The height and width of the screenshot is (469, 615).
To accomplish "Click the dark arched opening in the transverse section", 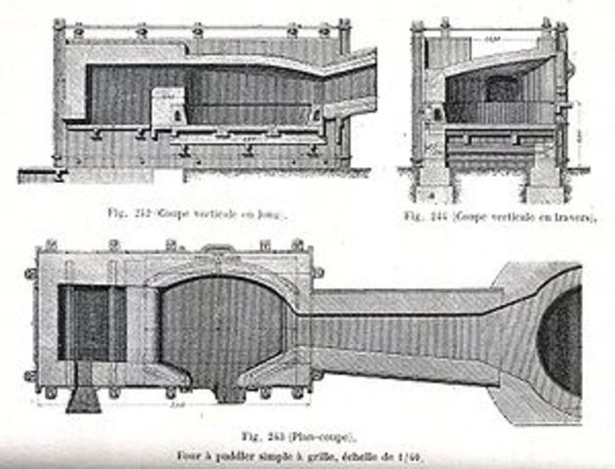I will pos(504,90).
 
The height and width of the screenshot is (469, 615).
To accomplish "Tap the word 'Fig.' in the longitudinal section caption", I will pos(119,210).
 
